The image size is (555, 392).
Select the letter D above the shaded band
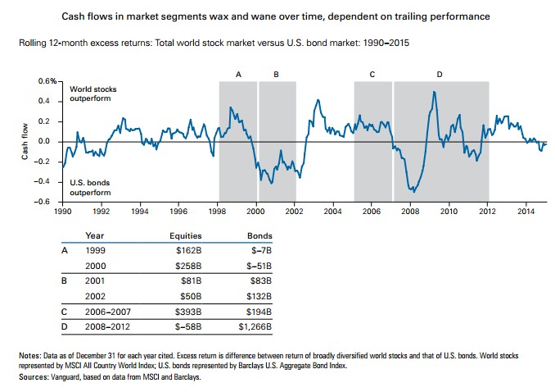pos(440,74)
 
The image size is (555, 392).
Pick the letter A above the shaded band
pos(238,74)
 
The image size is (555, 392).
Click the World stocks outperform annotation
pos(89,93)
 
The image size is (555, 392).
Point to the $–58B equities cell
pos(187,326)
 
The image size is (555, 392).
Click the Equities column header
pos(185,235)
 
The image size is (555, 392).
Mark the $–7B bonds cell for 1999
pos(260,250)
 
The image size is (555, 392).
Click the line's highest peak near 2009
pos(434,92)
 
